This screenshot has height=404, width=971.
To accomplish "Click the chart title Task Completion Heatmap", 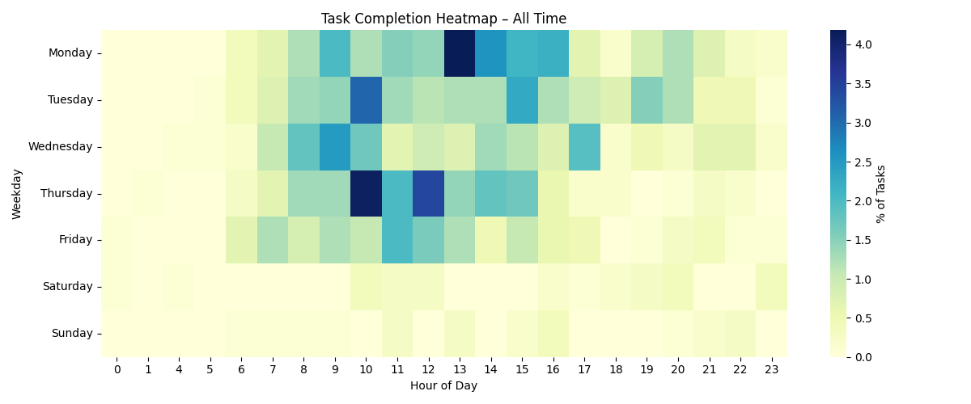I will (x=443, y=19).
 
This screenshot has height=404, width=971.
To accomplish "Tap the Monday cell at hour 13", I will (x=460, y=53).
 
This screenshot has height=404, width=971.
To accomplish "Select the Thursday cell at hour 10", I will (x=366, y=193).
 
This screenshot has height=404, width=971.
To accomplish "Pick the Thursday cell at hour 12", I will (x=428, y=193).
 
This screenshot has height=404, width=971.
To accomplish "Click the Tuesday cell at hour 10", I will (x=366, y=100).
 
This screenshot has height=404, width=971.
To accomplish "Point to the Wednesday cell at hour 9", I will (x=335, y=146).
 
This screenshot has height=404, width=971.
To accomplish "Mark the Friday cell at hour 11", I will (x=397, y=240).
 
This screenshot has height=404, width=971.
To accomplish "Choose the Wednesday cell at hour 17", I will (x=584, y=146).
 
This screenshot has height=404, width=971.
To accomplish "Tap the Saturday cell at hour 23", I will (x=771, y=286).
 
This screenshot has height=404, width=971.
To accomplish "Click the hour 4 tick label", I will (x=179, y=369).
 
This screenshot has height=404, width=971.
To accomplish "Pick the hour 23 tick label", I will (x=771, y=369).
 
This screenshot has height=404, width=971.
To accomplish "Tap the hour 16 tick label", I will (x=553, y=369).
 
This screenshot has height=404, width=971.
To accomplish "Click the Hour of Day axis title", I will (x=443, y=385).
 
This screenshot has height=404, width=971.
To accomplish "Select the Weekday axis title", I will (x=17, y=193).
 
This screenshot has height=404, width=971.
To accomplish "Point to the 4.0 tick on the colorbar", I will (x=862, y=44).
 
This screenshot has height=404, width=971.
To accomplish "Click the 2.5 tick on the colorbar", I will (x=862, y=162).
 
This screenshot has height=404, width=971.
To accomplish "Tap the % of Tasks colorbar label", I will (x=881, y=193).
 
